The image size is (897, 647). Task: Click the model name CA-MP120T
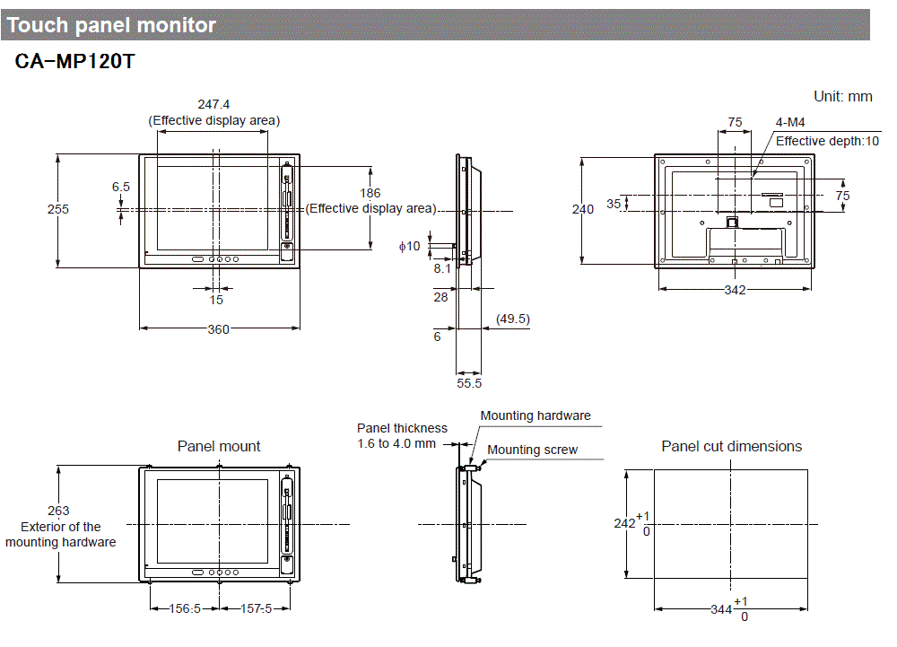[x=74, y=64]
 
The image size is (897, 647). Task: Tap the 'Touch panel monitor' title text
[x=111, y=25]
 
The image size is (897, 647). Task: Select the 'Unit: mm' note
[x=842, y=96]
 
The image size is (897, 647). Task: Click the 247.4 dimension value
[x=213, y=104]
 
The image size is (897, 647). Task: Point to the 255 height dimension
[x=58, y=209]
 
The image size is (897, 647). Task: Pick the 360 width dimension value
[x=218, y=329]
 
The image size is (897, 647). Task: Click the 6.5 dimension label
[x=121, y=187]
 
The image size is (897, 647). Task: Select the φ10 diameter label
[x=409, y=246]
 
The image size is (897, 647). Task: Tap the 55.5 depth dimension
[x=469, y=382]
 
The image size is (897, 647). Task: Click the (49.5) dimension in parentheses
[x=512, y=319]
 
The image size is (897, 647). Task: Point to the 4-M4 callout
[x=789, y=123]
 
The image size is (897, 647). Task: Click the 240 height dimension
[x=583, y=209]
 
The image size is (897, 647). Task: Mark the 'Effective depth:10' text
[x=827, y=141]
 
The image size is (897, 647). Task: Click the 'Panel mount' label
[x=219, y=446]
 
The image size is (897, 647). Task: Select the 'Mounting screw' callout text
[x=532, y=450]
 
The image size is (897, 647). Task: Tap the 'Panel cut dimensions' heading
[x=731, y=446]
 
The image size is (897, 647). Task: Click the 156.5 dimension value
[x=185, y=608]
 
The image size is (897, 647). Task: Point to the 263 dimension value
[x=59, y=511]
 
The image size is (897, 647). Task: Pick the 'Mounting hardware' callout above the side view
[x=536, y=415]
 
